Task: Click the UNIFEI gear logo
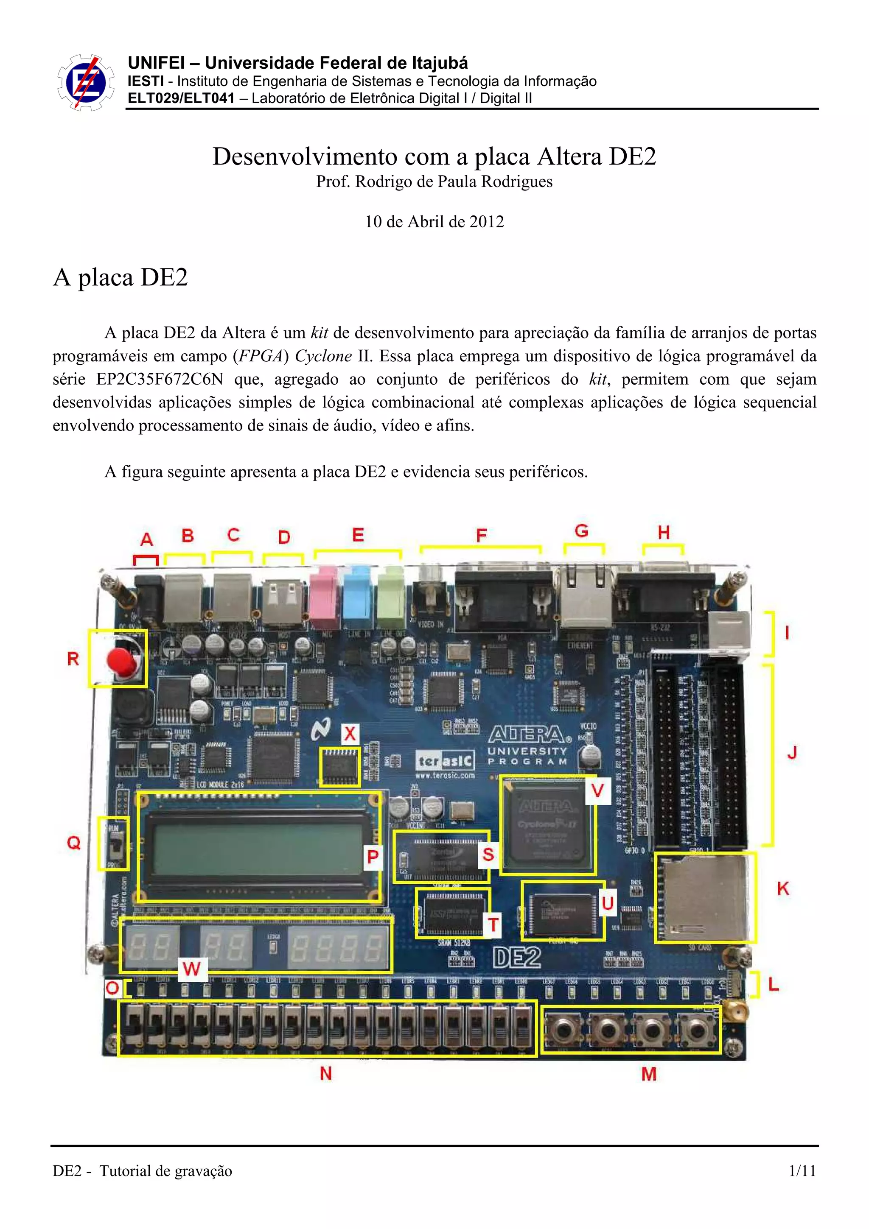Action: tap(86, 82)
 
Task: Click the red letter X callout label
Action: tap(350, 733)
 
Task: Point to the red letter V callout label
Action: tap(597, 790)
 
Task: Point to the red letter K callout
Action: tap(782, 888)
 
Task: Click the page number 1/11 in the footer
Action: tap(802, 1170)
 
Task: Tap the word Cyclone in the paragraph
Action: tap(323, 356)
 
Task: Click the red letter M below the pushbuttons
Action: tap(648, 1073)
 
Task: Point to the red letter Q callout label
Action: tap(73, 843)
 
